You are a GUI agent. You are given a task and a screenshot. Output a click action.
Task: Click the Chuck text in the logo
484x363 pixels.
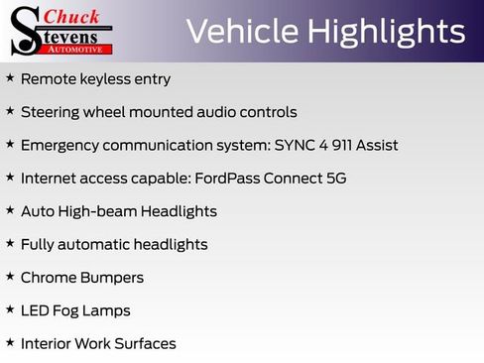72,16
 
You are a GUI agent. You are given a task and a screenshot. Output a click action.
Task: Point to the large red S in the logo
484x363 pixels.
27,30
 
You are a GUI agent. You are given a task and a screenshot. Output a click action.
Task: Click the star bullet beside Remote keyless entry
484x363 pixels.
10,78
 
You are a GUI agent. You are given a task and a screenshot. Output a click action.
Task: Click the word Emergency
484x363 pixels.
61,145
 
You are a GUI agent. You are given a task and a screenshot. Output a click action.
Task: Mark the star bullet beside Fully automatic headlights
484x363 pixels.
10,244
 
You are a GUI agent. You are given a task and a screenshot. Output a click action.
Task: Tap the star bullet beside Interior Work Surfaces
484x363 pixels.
10,343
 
